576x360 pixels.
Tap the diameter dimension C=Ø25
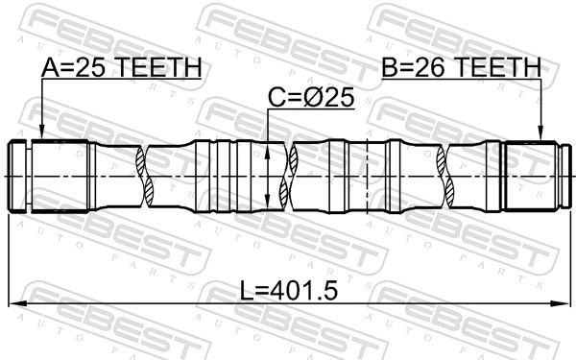pos(310,98)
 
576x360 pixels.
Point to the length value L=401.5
pos(288,289)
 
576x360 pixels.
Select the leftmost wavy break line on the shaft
pos(147,176)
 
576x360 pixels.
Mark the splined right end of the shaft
pos(534,177)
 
